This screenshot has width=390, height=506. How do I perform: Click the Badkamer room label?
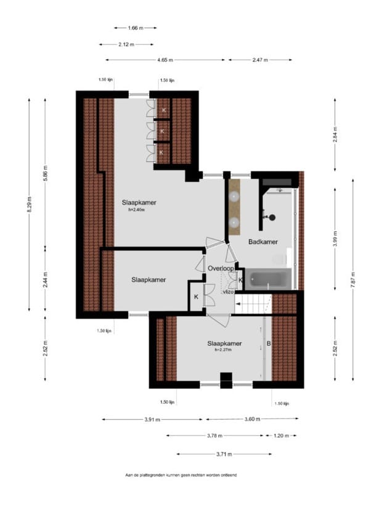point(262,242)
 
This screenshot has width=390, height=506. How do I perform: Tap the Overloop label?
point(221,269)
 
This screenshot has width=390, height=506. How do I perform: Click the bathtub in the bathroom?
point(267,280)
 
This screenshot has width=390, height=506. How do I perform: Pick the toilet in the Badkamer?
point(278,258)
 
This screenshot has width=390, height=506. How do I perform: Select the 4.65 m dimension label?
point(165,60)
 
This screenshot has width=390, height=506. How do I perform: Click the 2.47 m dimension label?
point(260,60)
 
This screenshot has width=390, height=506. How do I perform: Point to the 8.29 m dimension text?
point(29,204)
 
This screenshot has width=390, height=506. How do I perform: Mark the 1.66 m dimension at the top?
point(136,28)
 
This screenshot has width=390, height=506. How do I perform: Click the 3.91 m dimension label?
point(152,419)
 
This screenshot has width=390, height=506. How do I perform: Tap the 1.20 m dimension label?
point(282,436)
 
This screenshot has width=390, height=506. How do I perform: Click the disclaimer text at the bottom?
point(181,475)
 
